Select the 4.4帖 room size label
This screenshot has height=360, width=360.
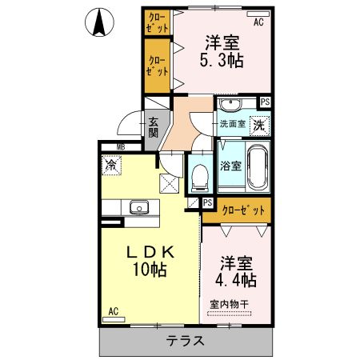[237, 281]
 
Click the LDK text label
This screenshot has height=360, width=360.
[150, 253]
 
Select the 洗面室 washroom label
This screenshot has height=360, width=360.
[233, 124]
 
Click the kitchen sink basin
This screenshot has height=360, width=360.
[139, 207]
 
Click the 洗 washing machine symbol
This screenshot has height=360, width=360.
[260, 125]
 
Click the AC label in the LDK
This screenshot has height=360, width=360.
[113, 310]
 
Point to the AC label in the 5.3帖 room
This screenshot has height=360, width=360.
[258, 22]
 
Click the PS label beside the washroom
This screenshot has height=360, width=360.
[265, 102]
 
